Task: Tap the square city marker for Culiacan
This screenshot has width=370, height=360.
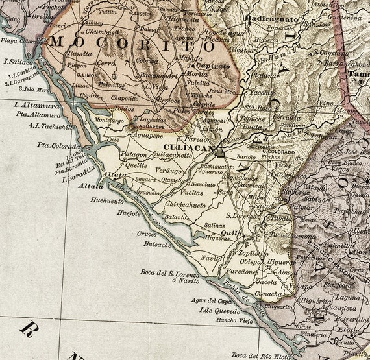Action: [x=220, y=154]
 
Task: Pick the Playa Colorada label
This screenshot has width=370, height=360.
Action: [x=22, y=40]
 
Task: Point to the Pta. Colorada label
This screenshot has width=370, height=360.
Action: [x=50, y=145]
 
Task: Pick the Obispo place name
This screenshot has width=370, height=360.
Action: [x=251, y=261]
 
